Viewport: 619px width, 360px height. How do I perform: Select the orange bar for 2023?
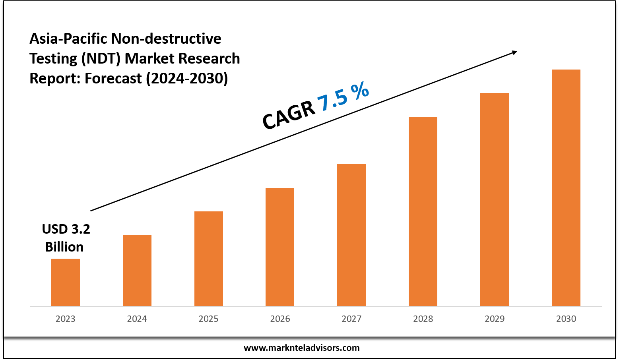66,282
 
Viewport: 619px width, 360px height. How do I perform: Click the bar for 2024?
137,270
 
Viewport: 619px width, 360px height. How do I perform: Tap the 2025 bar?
209,258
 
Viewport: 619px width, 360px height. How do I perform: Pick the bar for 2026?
280,247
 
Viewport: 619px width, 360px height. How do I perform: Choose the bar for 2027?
351,235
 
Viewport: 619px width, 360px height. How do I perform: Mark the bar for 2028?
423,211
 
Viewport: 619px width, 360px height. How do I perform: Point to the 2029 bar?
495,199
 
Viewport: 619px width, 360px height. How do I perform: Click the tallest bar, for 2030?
566,188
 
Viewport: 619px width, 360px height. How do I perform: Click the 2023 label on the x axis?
66,319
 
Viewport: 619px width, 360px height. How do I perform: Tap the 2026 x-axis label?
280,319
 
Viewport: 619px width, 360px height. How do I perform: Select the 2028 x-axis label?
423,319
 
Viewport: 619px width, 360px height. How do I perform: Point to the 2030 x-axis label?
566,319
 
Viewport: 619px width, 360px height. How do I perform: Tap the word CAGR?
289,115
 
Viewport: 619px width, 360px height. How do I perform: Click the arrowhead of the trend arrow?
514,52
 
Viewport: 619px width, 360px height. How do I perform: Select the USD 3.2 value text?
66,229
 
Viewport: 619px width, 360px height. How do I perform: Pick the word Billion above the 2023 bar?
64,247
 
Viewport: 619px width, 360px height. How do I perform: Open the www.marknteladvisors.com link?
301,348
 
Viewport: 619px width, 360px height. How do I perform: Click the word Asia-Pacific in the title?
68,39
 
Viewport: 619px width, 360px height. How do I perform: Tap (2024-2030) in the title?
187,78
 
